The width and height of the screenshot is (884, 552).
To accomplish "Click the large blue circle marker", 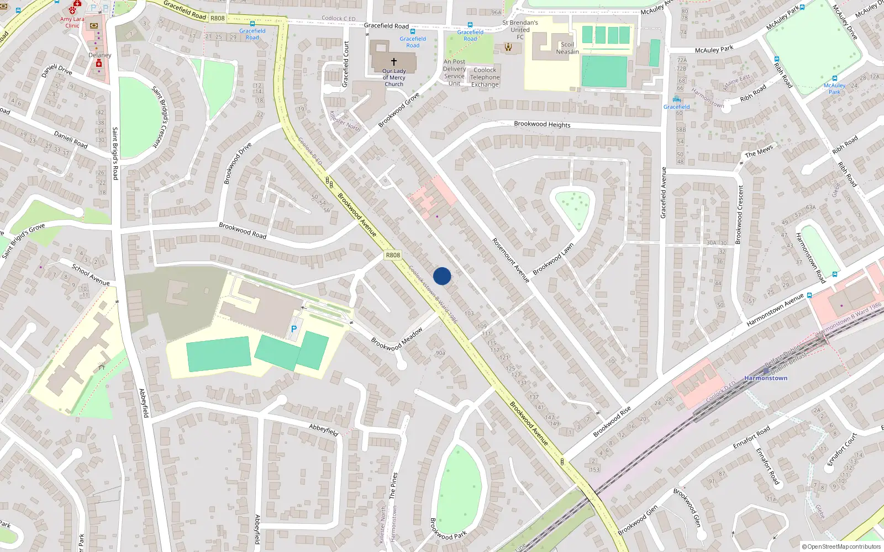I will tap(442, 276).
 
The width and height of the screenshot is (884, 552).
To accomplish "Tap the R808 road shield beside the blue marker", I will tap(393, 255).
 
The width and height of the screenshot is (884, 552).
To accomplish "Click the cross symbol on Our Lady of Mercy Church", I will tap(394, 62).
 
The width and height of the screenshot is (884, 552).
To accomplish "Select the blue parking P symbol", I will tap(294, 329).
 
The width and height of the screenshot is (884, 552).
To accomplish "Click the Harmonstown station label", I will tap(766, 378).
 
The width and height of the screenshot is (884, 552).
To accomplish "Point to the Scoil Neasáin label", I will tap(567, 48).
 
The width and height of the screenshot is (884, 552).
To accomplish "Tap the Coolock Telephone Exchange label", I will tap(485, 77).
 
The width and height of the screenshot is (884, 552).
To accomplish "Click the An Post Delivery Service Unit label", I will tap(454, 73).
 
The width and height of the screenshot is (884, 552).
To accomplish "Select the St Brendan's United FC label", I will tap(520, 30).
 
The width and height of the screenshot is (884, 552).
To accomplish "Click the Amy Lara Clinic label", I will tap(72, 22).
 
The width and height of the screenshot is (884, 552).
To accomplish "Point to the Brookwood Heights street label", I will tap(542, 124).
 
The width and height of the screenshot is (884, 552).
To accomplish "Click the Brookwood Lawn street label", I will tap(553, 259).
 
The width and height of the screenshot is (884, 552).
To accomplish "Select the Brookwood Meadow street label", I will tap(397, 339).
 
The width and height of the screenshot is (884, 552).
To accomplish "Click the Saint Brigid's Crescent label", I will tap(160, 116).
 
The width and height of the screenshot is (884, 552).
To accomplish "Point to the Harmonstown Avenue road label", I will tap(775, 310).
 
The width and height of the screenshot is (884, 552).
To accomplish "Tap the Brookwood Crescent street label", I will tap(740, 214).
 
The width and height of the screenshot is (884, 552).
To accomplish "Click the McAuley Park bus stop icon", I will tap(834, 78).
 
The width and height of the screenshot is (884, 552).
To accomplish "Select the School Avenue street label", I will tap(91, 275).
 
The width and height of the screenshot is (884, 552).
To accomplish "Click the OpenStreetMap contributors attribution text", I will tap(841, 546).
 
